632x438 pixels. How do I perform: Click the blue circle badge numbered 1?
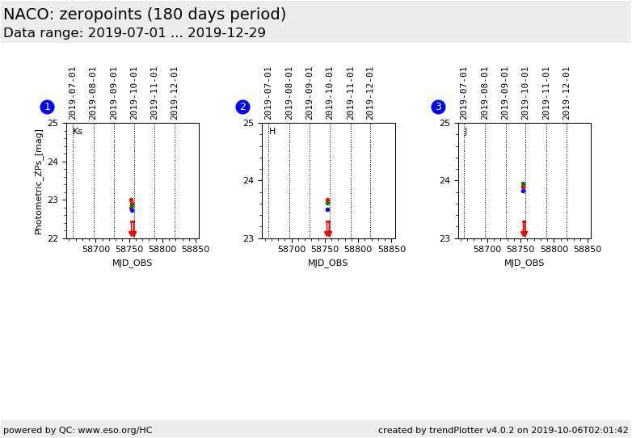click(x=47, y=107)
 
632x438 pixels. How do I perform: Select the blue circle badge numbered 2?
click(x=242, y=107)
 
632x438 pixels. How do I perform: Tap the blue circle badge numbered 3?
click(x=438, y=107)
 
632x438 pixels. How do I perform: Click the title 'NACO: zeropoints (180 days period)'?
click(x=145, y=15)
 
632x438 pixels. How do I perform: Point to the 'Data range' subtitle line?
click(x=134, y=33)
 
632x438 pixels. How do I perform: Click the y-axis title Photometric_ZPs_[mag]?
click(x=39, y=181)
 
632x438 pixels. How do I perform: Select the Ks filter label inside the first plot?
click(x=78, y=131)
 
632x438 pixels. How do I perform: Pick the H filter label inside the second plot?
click(x=272, y=131)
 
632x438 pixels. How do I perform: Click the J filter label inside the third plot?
click(x=466, y=131)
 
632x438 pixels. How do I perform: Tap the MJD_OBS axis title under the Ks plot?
click(x=132, y=263)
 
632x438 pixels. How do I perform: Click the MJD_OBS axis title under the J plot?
click(x=524, y=263)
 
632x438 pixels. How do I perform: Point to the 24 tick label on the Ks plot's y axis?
click(x=53, y=162)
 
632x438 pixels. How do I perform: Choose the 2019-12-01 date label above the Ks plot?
click(x=175, y=93)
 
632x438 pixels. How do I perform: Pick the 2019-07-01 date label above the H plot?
click(x=268, y=93)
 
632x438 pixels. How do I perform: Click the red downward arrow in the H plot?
click(x=328, y=232)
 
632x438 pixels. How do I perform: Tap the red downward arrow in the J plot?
click(x=524, y=232)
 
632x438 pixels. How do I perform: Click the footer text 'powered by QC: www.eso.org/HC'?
click(x=78, y=430)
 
